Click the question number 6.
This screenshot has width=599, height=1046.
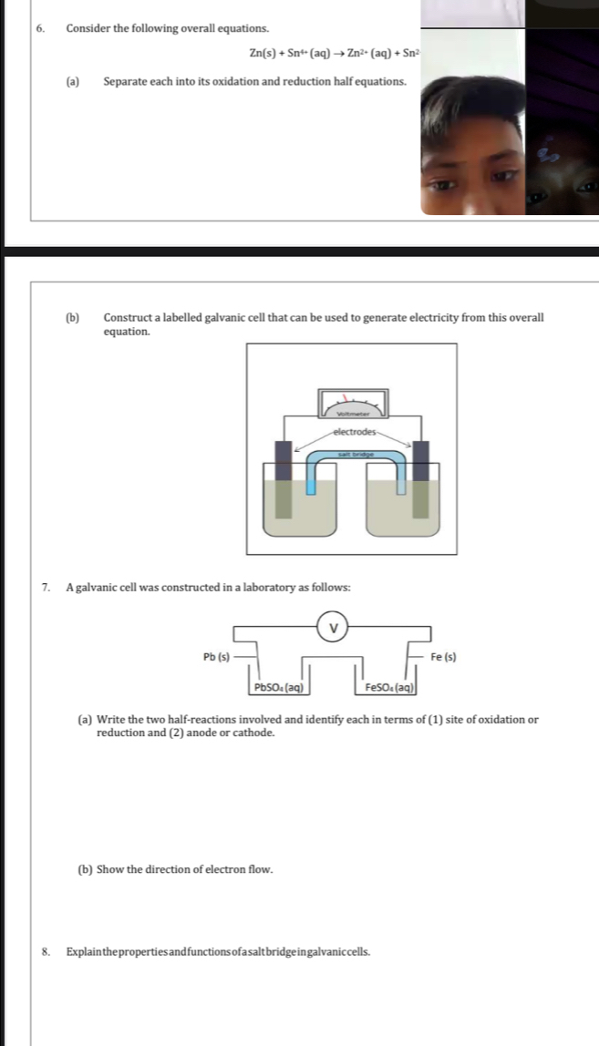point(40,29)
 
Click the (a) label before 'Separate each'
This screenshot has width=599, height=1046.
point(72,82)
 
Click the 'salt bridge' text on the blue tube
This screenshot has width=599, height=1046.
point(352,453)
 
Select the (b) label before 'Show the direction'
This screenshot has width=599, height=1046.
point(85,869)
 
